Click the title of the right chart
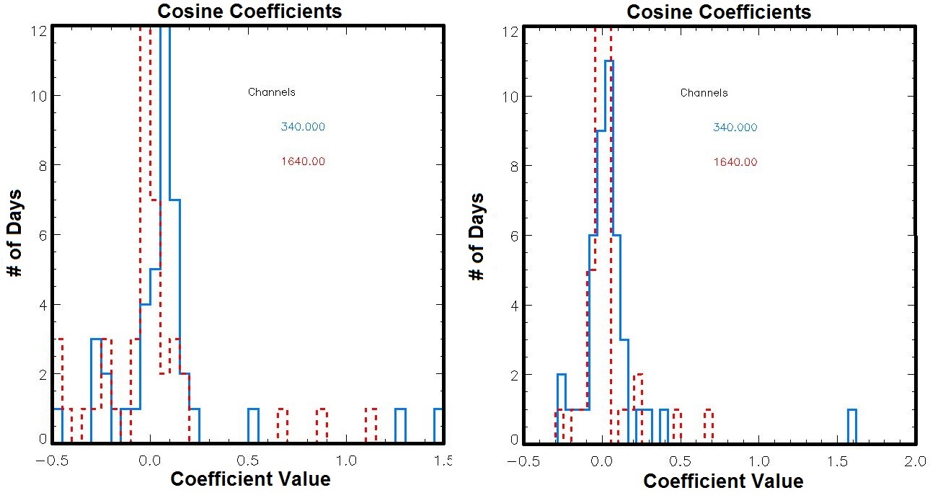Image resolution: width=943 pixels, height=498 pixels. coord(719,12)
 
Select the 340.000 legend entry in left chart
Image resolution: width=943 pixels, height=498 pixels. coord(303,127)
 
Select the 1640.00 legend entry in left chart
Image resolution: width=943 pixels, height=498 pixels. coord(303,161)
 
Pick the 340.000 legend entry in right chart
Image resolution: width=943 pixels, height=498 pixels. coord(735,128)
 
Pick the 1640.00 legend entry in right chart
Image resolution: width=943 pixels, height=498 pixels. coord(735,162)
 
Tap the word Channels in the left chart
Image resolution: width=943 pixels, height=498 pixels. coord(271,92)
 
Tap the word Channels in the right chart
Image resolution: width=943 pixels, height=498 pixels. coord(704,93)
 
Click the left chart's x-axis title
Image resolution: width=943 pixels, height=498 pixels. coord(250,479)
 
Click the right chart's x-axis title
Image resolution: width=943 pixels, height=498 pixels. coord(722,481)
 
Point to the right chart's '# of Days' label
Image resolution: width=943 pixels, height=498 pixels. coord(477,236)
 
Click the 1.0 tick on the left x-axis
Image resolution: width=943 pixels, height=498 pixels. coord(347,460)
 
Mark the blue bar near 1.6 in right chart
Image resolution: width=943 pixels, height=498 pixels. coord(851,425)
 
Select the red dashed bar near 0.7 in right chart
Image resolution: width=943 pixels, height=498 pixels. coord(709,425)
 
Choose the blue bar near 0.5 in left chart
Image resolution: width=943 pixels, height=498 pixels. coord(253,425)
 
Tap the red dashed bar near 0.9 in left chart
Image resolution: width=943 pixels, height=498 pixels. coord(322,425)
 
